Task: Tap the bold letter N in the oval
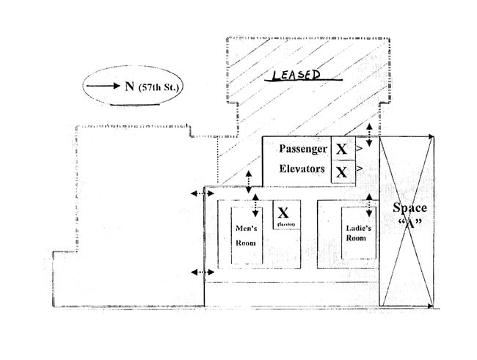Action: [x=129, y=86]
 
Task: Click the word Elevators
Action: [x=302, y=169]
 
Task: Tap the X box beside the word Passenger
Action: [x=341, y=150]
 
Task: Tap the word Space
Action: [x=409, y=207]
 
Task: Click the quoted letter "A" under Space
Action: [x=409, y=224]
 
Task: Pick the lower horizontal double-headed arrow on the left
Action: [x=197, y=272]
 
